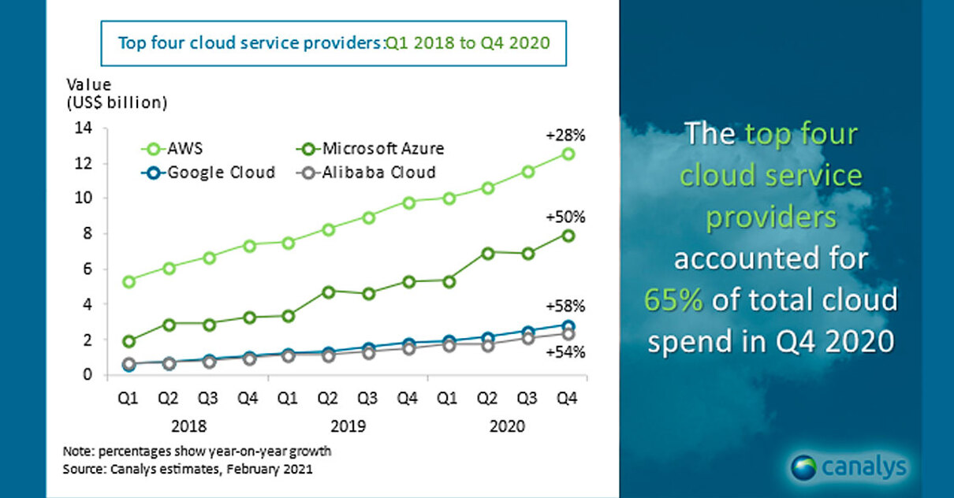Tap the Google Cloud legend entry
210,172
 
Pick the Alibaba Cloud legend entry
371,172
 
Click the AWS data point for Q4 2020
568,154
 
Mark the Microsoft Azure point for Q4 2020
568,236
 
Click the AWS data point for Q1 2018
129,281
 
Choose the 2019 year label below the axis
348,426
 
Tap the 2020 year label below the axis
507,426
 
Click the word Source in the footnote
81,470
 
